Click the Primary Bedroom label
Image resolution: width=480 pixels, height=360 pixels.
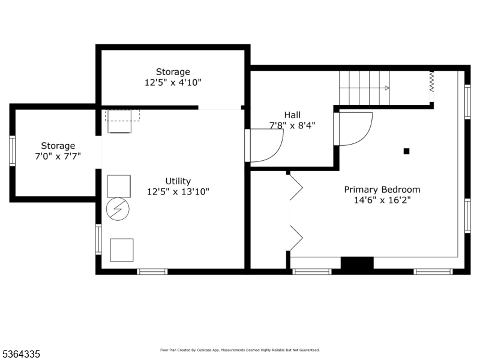(x=382, y=190)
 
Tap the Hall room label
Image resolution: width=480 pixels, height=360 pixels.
(x=292, y=115)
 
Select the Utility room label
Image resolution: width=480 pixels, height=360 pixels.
(x=178, y=181)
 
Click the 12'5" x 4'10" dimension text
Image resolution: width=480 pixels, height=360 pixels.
(x=173, y=83)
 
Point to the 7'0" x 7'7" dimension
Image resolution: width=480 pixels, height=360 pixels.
(x=58, y=156)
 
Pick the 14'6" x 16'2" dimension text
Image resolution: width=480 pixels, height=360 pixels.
(x=382, y=200)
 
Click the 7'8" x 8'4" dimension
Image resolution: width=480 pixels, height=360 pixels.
(x=292, y=125)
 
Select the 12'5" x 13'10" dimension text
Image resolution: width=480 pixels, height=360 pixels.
(x=178, y=191)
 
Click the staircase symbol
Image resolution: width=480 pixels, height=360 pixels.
(x=365, y=88)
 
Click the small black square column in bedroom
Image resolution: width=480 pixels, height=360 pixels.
(x=406, y=151)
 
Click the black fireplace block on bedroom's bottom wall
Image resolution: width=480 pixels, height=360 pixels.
(x=357, y=263)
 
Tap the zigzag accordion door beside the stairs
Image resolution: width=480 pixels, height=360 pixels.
(x=431, y=82)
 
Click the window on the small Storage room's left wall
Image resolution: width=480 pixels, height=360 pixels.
(x=12, y=151)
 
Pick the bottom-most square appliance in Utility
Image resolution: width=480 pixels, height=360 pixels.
(x=122, y=250)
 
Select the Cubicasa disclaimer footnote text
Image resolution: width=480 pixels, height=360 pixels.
(x=239, y=350)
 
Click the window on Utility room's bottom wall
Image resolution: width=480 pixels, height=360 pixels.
(x=152, y=272)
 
